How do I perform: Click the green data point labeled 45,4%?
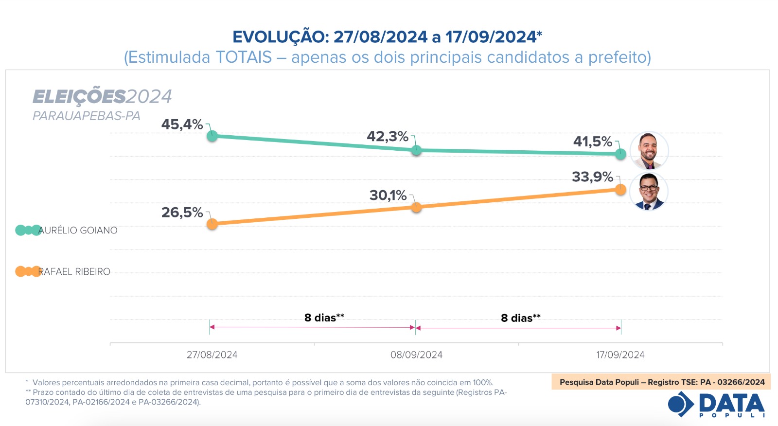coord(212,136)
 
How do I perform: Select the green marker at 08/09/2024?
coord(416,150)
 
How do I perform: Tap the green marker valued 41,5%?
coord(620,154)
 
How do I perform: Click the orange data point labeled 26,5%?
coord(212,224)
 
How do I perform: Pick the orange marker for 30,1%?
coord(416,208)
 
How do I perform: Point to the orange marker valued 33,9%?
coord(620,190)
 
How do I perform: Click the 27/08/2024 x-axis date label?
coord(212,355)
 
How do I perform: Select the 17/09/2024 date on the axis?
coord(620,355)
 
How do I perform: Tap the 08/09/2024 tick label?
coord(416,355)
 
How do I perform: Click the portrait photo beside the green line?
coord(649,151)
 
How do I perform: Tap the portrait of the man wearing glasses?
coord(649,192)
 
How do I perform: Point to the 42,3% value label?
coord(388,137)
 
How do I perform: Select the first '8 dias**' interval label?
coord(324,318)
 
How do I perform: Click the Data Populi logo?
coord(717,405)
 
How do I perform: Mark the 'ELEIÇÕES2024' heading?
coord(102,97)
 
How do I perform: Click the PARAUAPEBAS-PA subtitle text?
coord(87,116)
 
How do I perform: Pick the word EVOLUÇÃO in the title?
coord(281,37)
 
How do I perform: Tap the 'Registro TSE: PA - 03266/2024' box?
coord(661,382)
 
